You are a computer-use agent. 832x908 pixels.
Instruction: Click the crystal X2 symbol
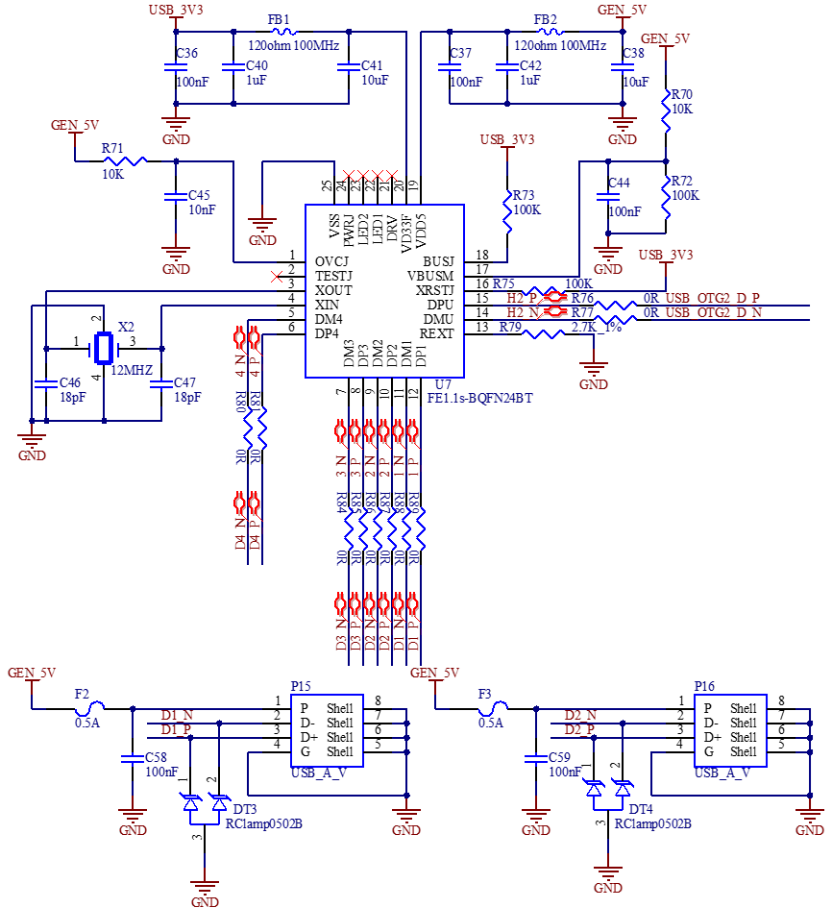[x=103, y=349]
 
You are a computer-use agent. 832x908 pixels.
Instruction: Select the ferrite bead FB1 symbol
[x=279, y=31]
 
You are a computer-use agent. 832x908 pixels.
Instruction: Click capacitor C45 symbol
[x=175, y=197]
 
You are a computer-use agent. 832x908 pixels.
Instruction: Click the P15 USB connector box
[x=327, y=729]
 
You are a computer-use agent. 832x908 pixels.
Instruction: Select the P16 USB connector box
[x=730, y=729]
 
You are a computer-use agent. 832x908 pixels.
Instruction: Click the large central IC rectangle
[x=384, y=290]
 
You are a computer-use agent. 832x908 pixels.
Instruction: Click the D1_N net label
[x=177, y=715]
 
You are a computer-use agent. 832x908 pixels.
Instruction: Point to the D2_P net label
[x=580, y=729]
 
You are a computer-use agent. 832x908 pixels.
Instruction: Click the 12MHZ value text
[x=132, y=370]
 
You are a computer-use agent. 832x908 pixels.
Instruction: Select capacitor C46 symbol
[x=46, y=384]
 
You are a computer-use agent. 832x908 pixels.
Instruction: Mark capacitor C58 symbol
[x=133, y=758]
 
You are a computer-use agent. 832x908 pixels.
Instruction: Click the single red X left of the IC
[x=277, y=277]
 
